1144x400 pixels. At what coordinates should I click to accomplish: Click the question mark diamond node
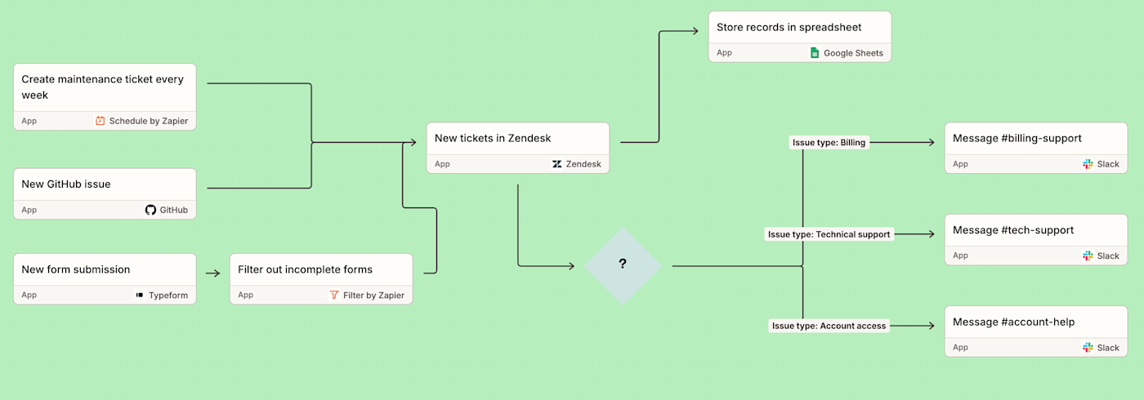[x=623, y=265]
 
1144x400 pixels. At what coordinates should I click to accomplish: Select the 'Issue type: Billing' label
[x=829, y=142]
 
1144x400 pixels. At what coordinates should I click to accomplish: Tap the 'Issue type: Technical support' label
[x=829, y=234]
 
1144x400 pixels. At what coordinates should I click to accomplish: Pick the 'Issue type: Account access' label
[x=829, y=326]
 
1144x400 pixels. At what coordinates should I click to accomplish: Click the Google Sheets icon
[x=814, y=53]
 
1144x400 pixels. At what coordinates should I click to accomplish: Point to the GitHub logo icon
[x=150, y=210]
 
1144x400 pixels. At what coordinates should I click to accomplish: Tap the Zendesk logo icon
[x=557, y=164]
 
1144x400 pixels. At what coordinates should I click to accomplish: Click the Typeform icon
[x=140, y=295]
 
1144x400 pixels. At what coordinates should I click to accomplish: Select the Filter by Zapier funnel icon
[x=334, y=295]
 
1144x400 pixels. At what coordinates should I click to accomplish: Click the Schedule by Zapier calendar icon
[x=101, y=121]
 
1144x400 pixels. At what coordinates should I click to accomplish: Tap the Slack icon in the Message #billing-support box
[x=1088, y=164]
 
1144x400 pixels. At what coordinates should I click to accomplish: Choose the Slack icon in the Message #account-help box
[x=1088, y=348]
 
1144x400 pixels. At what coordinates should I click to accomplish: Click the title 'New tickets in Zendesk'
[x=493, y=138]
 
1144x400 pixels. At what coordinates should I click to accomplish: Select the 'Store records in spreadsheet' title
[x=789, y=27]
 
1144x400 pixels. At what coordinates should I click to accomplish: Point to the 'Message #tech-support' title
[x=1013, y=230]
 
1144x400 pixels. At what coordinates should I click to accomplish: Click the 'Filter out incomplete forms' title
[x=305, y=269]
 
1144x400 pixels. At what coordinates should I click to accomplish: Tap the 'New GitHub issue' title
[x=66, y=184]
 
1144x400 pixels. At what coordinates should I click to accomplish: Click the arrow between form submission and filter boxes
[x=212, y=273]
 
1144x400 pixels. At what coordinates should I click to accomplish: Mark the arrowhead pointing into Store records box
[x=695, y=31]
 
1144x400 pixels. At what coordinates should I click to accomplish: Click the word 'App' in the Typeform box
[x=29, y=295]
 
